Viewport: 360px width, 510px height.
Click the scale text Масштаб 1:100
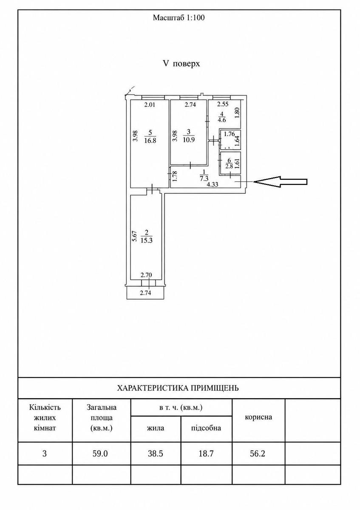(x=179, y=18)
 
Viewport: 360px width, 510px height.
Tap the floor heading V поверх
(x=181, y=64)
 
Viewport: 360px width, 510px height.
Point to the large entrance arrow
(x=280, y=182)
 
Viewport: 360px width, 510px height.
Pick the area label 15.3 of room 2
(x=146, y=241)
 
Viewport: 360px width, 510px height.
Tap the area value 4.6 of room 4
(x=221, y=120)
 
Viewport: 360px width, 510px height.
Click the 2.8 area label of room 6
(x=229, y=166)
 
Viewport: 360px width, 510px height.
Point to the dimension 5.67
(x=135, y=236)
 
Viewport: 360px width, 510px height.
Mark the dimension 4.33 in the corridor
(x=212, y=184)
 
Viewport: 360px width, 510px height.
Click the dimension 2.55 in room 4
(x=222, y=105)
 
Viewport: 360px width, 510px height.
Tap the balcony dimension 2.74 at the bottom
(x=145, y=293)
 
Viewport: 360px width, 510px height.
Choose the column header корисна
(x=258, y=417)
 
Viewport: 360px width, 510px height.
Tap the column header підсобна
(x=206, y=428)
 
